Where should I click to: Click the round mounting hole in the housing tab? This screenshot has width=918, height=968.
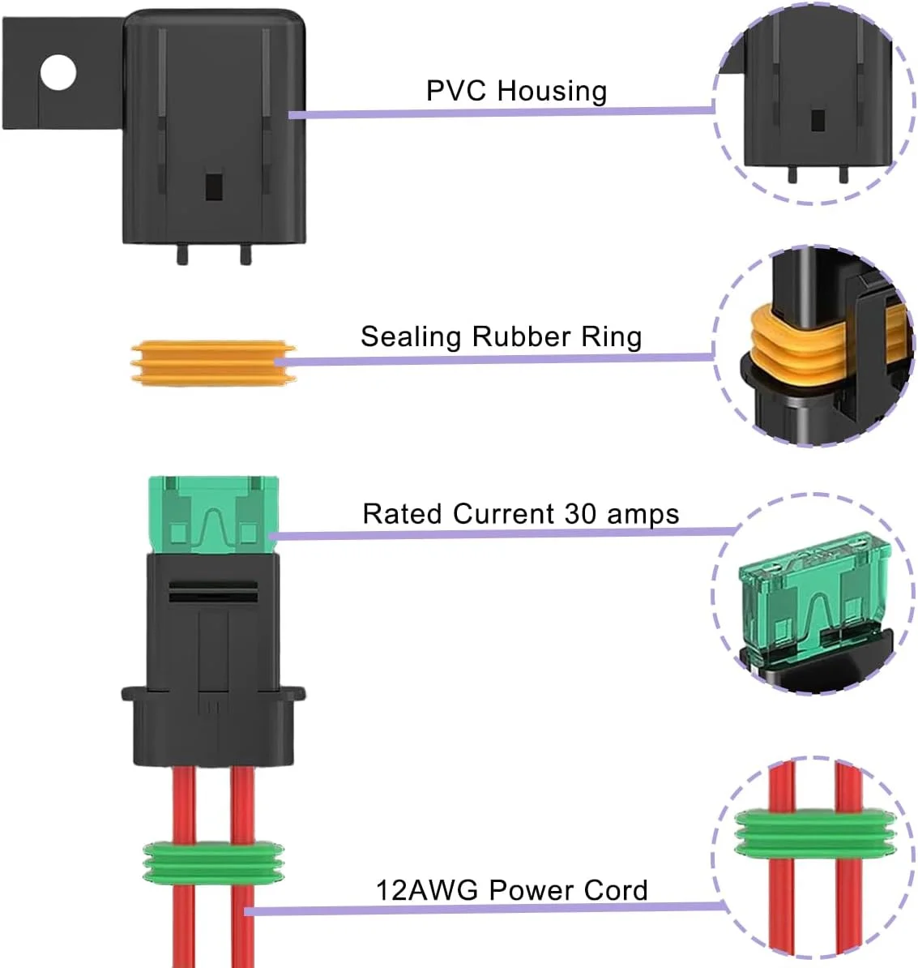pyautogui.click(x=58, y=74)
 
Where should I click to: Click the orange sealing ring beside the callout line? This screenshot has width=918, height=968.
pyautogui.click(x=212, y=362)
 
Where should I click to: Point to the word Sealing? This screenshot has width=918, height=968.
pyautogui.click(x=411, y=337)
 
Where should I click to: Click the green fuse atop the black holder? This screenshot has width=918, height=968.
pyautogui.click(x=214, y=514)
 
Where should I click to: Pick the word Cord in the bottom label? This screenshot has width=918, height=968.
pyautogui.click(x=617, y=890)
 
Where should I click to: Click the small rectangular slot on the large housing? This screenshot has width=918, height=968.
pyautogui.click(x=214, y=186)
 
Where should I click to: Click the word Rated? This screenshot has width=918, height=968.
pyautogui.click(x=403, y=514)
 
